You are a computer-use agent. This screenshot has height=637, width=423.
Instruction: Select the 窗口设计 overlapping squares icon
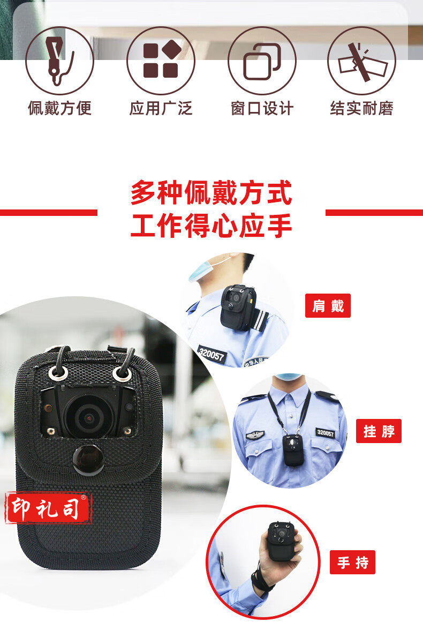tap(262, 61)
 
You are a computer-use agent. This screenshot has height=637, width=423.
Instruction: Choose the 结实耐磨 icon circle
tap(362, 61)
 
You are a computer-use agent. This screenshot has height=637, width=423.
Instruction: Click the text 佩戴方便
tap(59, 108)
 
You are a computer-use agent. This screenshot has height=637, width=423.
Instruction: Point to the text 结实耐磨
tap(362, 108)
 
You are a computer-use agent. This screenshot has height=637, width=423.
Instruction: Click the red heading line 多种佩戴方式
tap(211, 192)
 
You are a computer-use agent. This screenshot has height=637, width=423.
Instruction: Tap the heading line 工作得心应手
tap(211, 226)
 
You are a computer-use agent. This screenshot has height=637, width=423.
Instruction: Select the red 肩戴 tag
tap(328, 305)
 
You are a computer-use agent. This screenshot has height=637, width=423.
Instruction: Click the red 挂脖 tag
tap(379, 431)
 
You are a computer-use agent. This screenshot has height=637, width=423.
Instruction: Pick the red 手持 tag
tap(352, 562)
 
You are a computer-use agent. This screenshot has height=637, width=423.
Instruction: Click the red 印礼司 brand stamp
tap(48, 508)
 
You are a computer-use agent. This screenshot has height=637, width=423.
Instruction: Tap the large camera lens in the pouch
tap(88, 417)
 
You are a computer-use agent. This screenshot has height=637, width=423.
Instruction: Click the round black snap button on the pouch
tap(88, 460)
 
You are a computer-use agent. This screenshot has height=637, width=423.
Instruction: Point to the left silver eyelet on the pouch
tap(56, 372)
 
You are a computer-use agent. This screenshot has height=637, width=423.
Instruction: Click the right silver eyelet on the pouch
tap(122, 373)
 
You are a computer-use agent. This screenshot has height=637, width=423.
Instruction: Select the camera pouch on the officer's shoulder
tap(239, 307)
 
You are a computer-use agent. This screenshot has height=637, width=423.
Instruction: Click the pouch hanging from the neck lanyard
tap(293, 450)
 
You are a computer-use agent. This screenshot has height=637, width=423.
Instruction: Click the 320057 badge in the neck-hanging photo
tap(326, 433)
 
